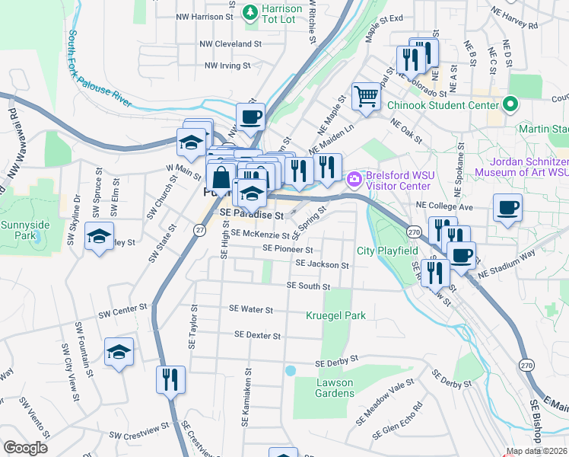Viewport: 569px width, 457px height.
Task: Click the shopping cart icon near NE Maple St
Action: point(366,97)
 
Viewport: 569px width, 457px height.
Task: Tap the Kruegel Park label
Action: point(335,315)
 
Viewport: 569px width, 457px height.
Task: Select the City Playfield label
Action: point(387,251)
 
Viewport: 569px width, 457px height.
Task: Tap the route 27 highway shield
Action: point(199,231)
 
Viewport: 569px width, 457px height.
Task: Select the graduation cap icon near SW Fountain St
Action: point(119,352)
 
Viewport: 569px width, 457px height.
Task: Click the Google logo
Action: point(25,448)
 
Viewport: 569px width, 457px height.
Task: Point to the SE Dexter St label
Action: point(258,335)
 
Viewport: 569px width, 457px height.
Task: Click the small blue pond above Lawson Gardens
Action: point(290,371)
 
